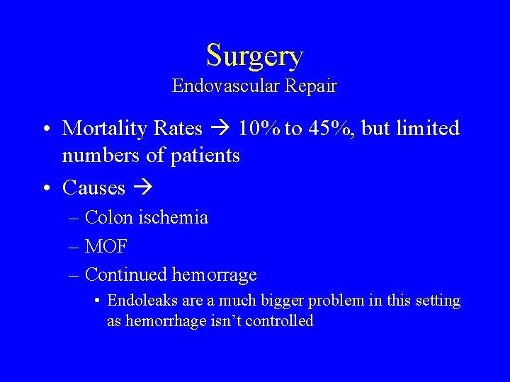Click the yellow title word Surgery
tap(255, 55)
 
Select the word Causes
tap(93, 187)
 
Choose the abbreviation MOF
tap(106, 246)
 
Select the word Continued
tap(126, 274)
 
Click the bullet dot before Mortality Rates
tap(45, 129)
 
